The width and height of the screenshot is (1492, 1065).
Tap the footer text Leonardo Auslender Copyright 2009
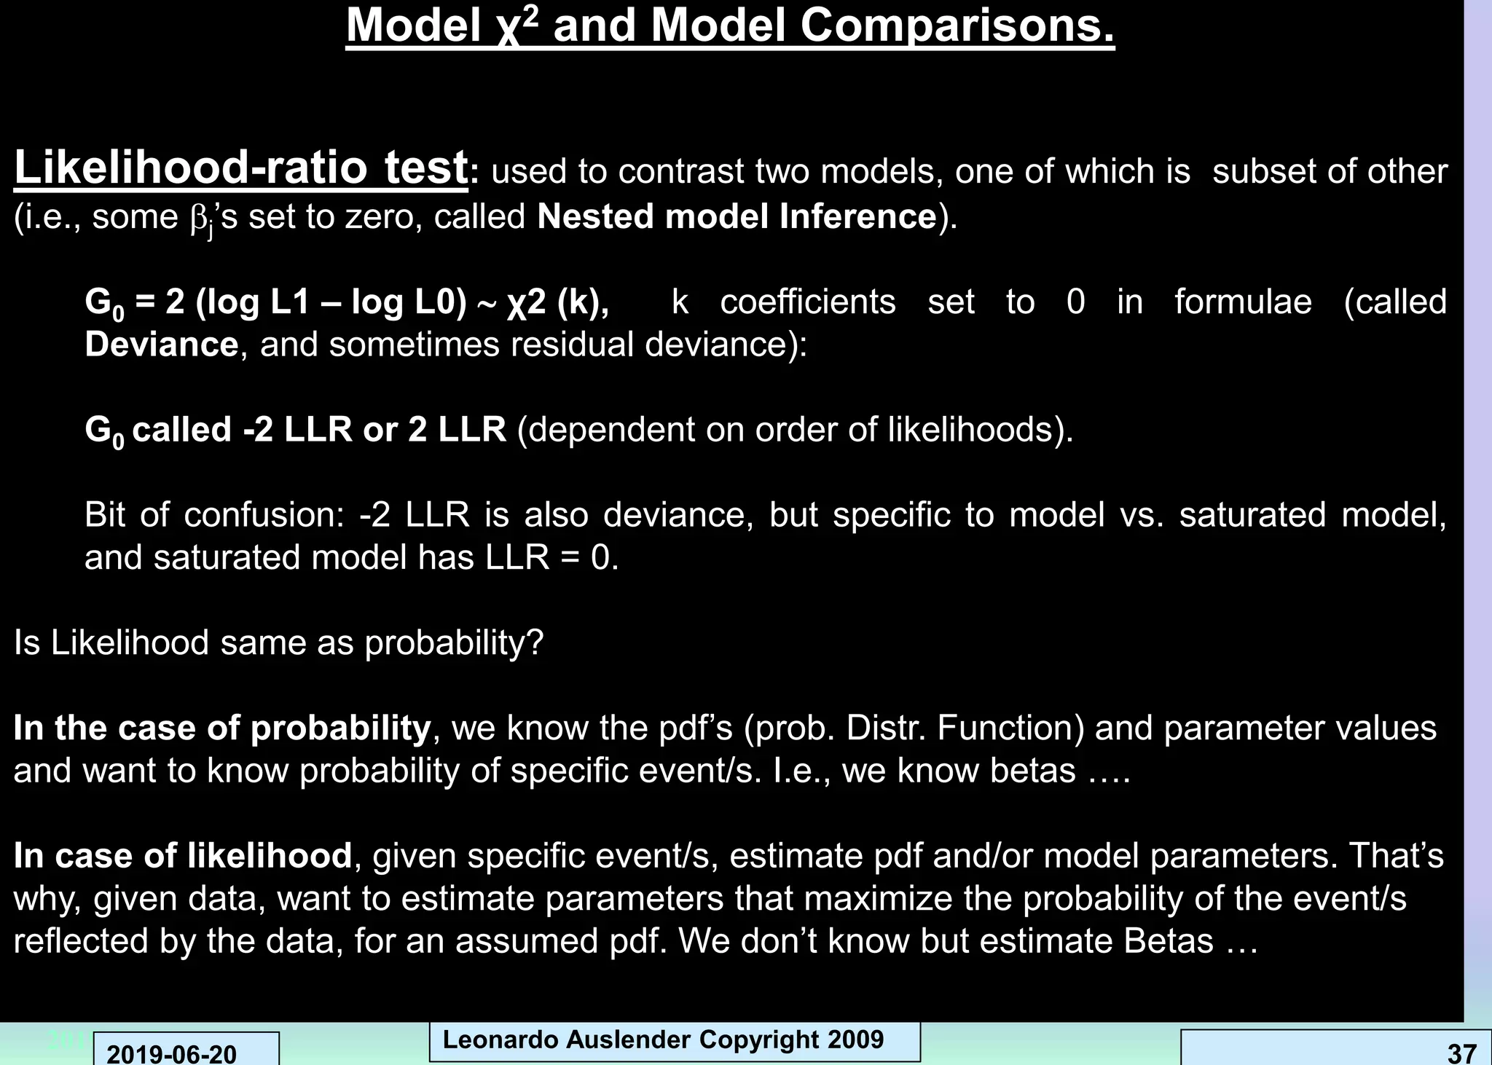[663, 1040]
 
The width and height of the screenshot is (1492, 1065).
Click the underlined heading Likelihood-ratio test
[240, 168]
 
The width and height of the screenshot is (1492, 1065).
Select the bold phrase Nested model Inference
[737, 216]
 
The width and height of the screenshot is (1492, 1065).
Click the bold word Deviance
[161, 344]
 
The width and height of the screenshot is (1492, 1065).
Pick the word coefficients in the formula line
[807, 302]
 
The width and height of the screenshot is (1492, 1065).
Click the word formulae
[1243, 302]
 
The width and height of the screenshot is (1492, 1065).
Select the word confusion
[263, 515]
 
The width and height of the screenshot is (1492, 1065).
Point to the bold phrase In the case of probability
[222, 728]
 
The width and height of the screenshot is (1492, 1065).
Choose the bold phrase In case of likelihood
[183, 855]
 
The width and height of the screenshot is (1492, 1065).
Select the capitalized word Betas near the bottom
[1168, 940]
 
